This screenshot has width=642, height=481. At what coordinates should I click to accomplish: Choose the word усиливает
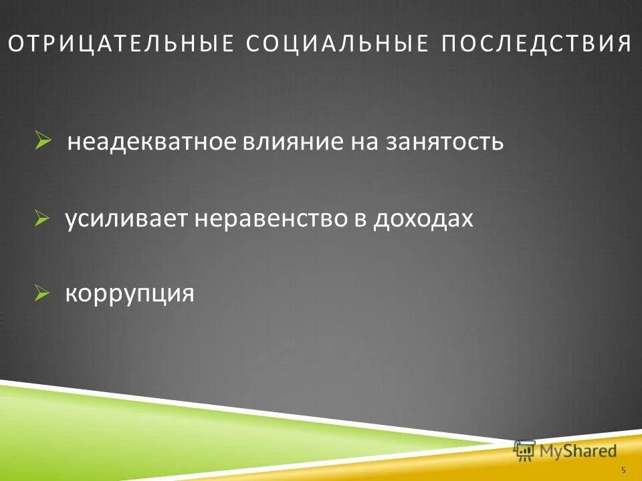[x=126, y=218]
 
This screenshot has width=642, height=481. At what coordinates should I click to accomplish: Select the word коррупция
[x=129, y=294]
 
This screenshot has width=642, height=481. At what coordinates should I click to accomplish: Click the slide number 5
[x=624, y=470]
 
